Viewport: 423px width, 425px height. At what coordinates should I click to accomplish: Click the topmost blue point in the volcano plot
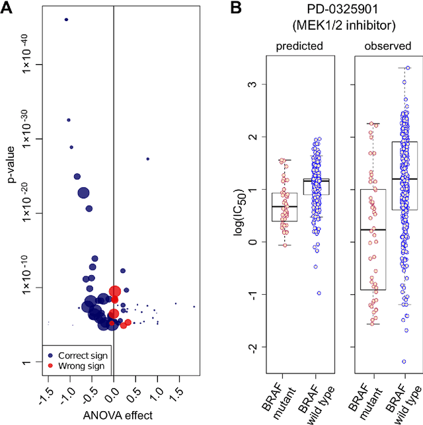coord(66,20)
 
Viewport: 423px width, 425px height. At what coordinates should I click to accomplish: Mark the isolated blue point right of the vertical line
coord(148,159)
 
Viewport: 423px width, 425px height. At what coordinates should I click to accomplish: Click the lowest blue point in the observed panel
coord(403,362)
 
